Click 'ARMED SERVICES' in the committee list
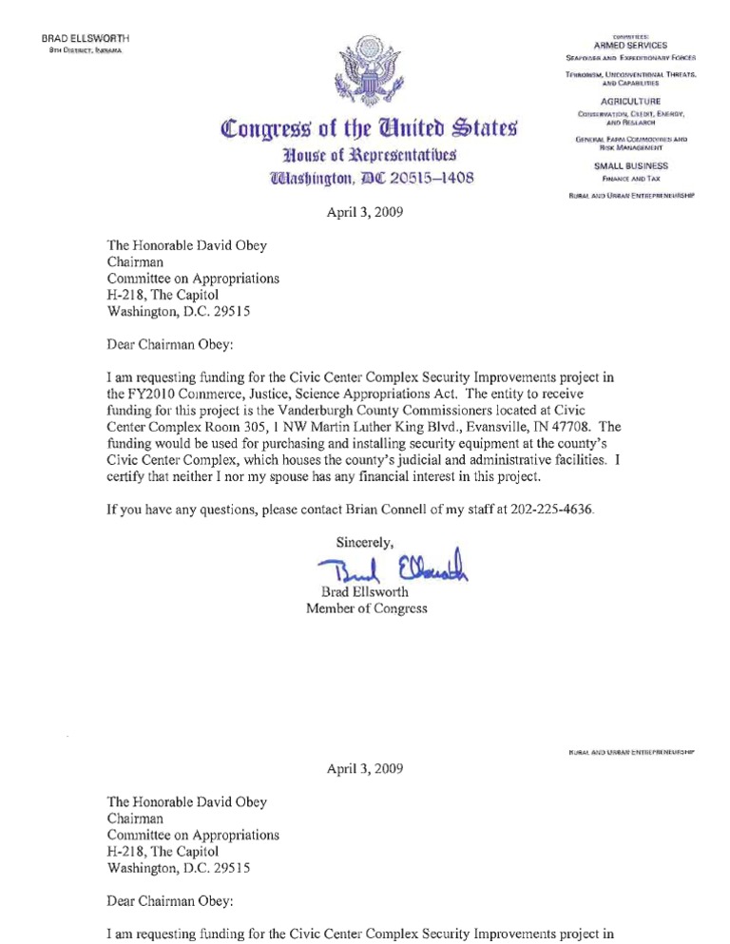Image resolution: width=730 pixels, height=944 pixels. pos(630,46)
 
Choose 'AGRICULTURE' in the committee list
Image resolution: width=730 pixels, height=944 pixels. pos(630,101)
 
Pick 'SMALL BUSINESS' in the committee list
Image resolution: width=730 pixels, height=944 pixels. pos(630,165)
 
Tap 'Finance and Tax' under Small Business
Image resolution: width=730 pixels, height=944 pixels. pos(630,178)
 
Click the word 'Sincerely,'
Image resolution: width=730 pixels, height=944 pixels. pos(365,544)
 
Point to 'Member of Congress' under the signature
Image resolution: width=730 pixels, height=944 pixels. pos(366,608)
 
